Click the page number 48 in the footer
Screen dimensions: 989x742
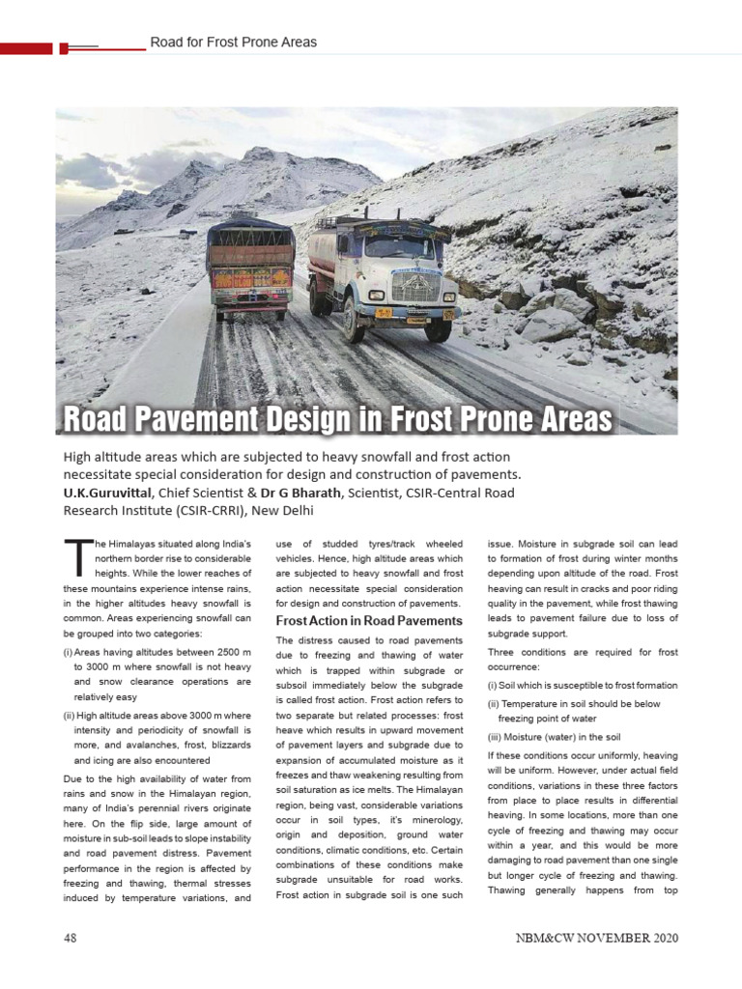pos(71,938)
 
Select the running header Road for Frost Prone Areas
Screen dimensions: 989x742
pos(233,42)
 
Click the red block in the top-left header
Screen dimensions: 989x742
pos(26,47)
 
